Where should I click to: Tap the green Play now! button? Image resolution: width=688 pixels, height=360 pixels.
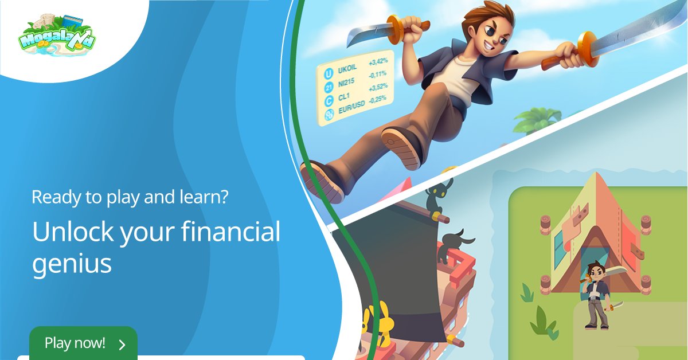(83, 343)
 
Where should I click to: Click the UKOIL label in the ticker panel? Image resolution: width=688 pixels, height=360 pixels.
(347, 69)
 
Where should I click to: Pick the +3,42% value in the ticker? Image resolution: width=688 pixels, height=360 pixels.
(378, 60)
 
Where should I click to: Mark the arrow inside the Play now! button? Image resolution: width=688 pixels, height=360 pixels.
(122, 345)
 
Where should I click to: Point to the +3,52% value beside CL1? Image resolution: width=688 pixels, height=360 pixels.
(378, 87)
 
